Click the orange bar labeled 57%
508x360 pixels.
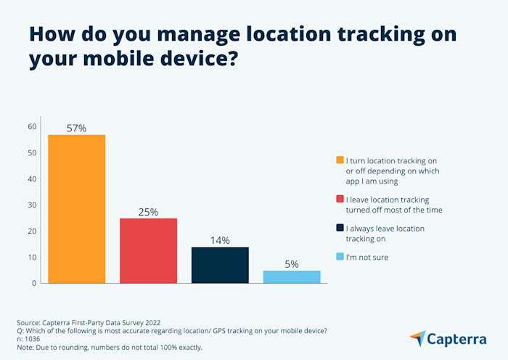(77, 209)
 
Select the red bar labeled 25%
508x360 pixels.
(149, 250)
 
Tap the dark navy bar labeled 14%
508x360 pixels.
(220, 265)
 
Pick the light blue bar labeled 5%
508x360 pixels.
(292, 277)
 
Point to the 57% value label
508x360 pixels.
(77, 128)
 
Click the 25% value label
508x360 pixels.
(149, 212)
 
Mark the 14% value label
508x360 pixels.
(220, 240)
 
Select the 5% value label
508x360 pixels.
(292, 264)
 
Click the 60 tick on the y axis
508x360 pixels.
(32, 127)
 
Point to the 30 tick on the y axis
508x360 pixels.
(32, 205)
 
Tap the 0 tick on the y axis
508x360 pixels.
(34, 283)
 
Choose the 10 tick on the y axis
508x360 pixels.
(32, 257)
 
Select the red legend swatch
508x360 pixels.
(340, 200)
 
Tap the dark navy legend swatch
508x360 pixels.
(340, 229)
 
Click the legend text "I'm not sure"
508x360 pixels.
(369, 257)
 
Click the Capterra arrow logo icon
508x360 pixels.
(418, 338)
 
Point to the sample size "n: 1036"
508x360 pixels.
(31, 339)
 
